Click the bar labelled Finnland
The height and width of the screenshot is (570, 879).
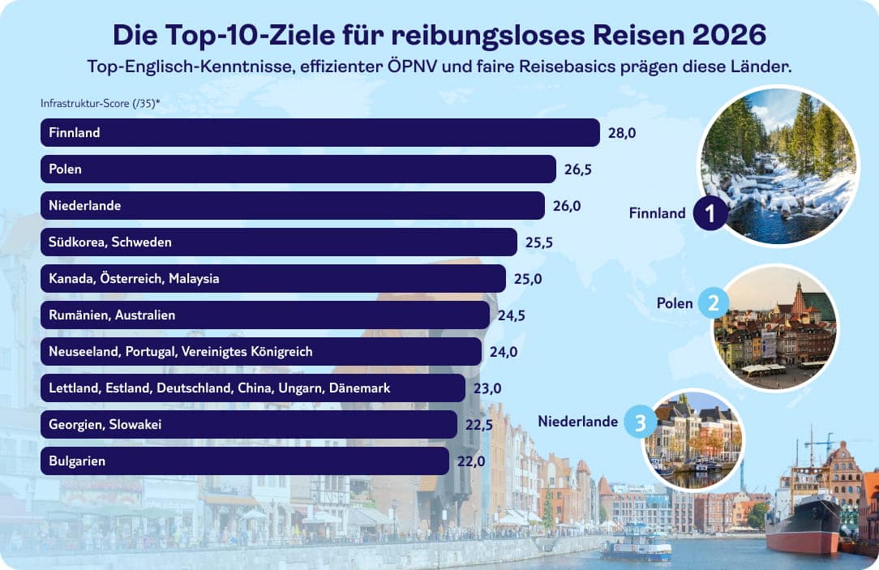click(320, 132)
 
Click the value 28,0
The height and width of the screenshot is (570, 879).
click(622, 132)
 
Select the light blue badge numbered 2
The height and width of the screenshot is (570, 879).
click(714, 304)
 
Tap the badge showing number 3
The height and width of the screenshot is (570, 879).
click(641, 422)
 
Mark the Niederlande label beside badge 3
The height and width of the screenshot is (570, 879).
click(578, 422)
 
